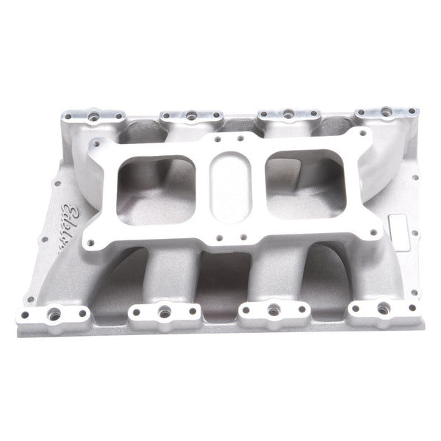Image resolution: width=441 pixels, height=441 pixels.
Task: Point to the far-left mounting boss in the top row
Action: [x=95, y=116]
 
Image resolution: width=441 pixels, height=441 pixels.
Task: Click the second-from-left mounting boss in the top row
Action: [x=190, y=115]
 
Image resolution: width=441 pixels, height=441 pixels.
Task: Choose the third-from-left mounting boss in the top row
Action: [x=287, y=115]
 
